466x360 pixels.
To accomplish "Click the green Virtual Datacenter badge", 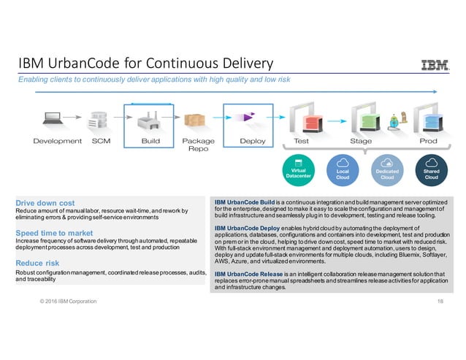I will pyautogui.click(x=298, y=169).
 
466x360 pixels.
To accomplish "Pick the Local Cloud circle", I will pyautogui.click(x=342, y=170).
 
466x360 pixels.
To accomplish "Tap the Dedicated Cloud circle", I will pyautogui.click(x=388, y=170).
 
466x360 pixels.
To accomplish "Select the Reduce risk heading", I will pyautogui.click(x=42, y=263).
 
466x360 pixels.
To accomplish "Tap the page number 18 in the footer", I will pyautogui.click(x=440, y=301).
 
